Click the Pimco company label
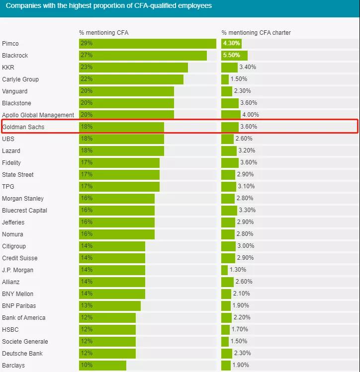[11, 44]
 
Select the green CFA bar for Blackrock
[143, 56]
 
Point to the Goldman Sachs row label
[23, 127]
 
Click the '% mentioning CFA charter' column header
[256, 33]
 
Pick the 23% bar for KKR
[133, 68]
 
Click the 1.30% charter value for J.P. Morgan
[238, 270]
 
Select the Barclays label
[13, 366]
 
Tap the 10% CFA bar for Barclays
[102, 366]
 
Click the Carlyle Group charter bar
[225, 79]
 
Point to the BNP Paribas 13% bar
[109, 306]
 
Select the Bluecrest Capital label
[25, 211]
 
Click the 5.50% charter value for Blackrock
[233, 56]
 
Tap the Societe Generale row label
[25, 342]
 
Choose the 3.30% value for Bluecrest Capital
[247, 211]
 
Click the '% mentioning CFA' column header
[104, 33]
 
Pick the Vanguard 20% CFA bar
[126, 91]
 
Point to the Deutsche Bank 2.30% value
[242, 354]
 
